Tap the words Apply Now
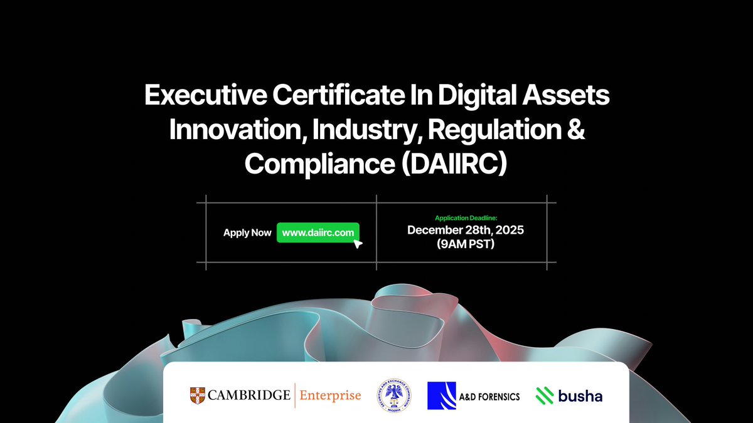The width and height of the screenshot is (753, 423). (247, 232)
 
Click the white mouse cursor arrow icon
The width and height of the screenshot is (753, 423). (358, 244)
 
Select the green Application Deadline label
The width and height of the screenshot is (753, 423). (466, 218)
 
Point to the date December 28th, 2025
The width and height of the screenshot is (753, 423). (466, 230)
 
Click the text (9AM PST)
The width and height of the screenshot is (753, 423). (466, 244)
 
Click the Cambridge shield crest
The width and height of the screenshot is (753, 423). (197, 395)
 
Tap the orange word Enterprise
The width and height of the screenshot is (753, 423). (330, 395)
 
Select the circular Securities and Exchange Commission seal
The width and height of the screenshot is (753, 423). (393, 395)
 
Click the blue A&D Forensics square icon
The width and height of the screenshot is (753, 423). (441, 395)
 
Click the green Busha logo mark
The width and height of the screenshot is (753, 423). (543, 395)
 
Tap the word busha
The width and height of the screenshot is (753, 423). (579, 395)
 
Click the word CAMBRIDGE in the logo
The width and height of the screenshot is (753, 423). (248, 395)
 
